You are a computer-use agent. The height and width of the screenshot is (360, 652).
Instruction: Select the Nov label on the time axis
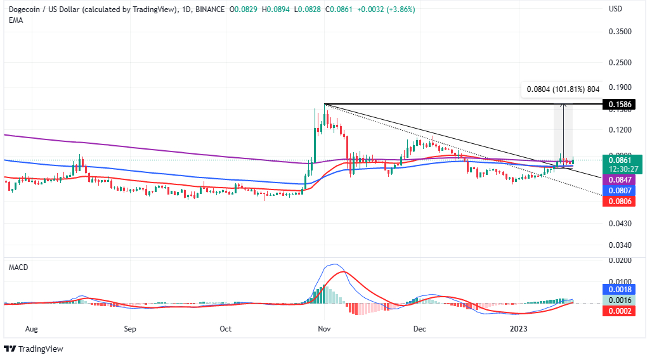[324, 329]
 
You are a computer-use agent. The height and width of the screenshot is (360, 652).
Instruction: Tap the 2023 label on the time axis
[519, 329]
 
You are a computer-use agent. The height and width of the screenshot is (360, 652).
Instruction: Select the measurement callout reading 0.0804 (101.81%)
[560, 89]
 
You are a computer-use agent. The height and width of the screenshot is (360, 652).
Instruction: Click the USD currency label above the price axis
[615, 10]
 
